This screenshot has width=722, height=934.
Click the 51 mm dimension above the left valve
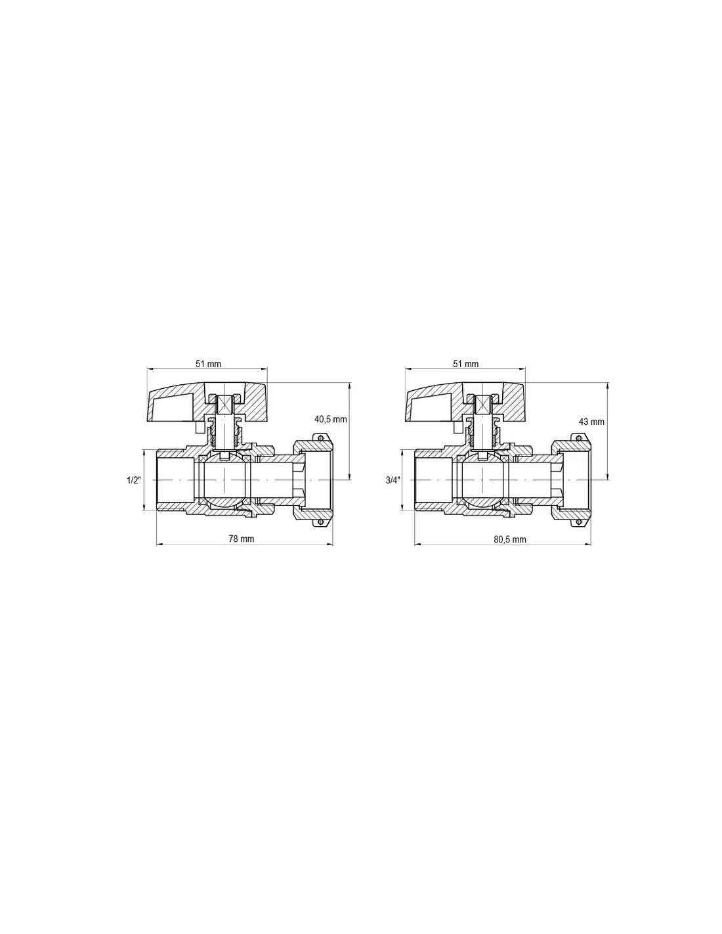208,364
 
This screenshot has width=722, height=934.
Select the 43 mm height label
591,422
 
